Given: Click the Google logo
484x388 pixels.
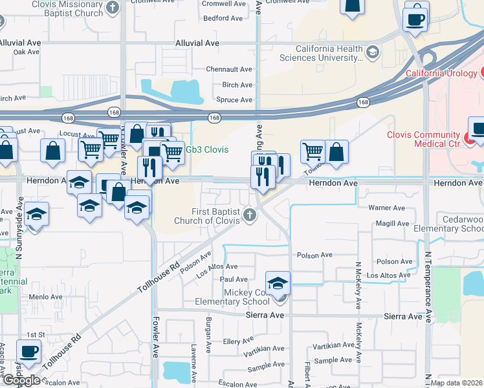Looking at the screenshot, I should [21, 380].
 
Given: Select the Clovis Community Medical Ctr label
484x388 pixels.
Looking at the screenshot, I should [423, 139].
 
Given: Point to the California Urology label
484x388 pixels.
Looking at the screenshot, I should [442, 73].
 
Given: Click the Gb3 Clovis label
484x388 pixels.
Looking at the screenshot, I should [207, 149].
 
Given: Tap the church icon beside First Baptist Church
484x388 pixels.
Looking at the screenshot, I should [250, 216].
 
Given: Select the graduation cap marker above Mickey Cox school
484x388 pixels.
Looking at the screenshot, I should [278, 283].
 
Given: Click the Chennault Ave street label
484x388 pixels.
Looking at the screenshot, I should [228, 69].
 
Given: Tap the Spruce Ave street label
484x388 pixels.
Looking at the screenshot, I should [234, 100].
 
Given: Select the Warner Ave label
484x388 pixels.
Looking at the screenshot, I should [386, 208].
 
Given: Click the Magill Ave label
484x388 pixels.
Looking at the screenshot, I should [392, 224].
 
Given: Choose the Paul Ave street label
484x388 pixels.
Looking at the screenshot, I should [234, 279].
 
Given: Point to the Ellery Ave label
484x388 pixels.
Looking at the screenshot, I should [237, 341].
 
